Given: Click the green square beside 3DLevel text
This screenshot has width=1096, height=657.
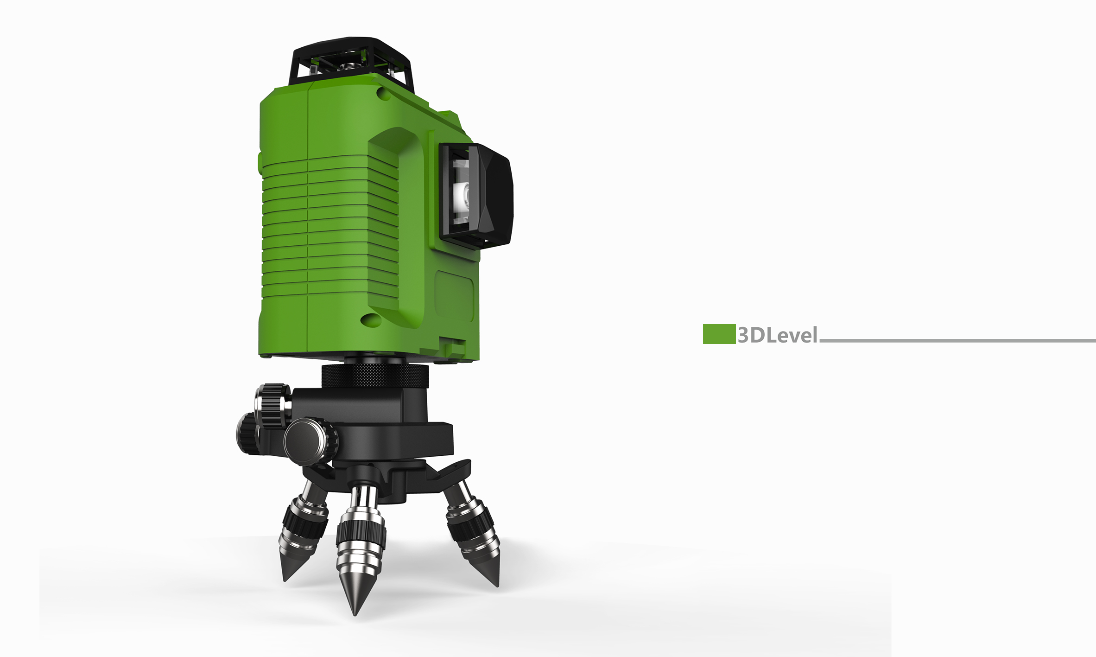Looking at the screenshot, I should point(719,334).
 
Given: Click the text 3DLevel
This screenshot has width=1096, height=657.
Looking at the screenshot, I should point(778,335).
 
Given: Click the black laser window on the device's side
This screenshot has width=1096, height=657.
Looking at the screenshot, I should point(477,195).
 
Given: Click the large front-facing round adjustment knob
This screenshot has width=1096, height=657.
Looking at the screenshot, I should point(310,441).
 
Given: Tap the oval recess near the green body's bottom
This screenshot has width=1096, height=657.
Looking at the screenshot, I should point(371,319).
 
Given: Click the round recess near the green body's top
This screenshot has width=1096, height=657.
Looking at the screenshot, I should point(384,94).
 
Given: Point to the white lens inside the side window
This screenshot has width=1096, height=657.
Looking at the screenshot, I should point(462,195).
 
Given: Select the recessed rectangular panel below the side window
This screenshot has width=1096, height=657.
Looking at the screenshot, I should point(454,297).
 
